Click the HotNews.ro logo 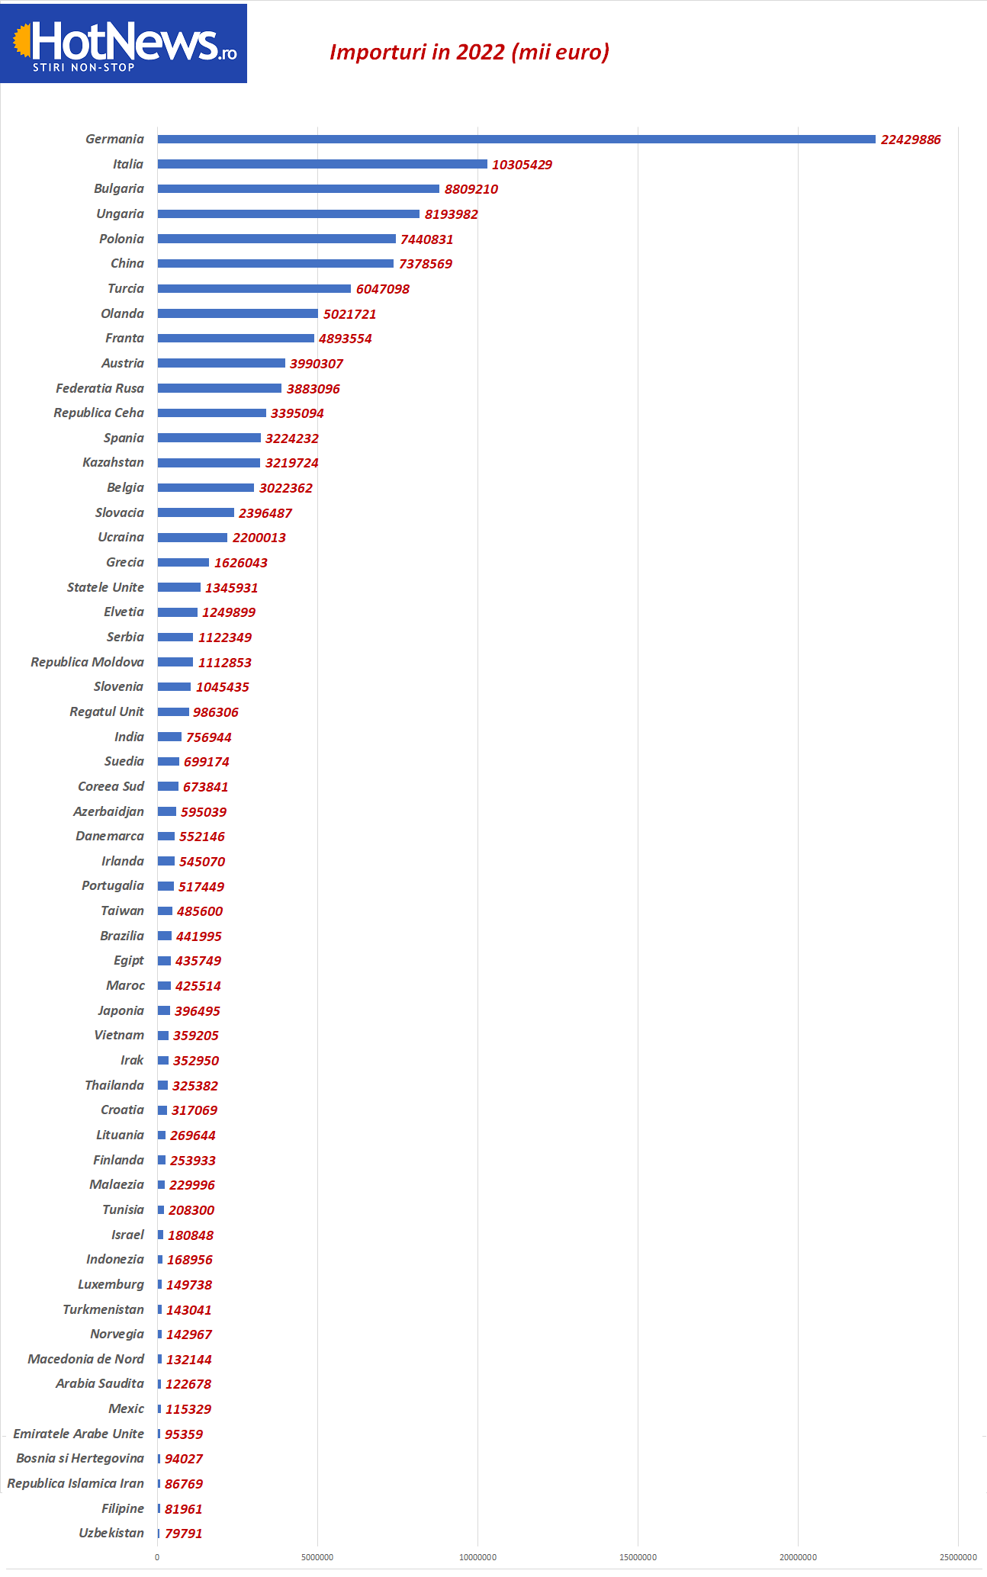pos(124,43)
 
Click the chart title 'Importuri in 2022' pos(469,52)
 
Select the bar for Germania pos(516,140)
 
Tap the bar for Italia pos(322,164)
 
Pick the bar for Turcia pos(254,289)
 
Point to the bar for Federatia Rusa pos(220,388)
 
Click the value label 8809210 pos(471,189)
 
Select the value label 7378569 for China pos(426,264)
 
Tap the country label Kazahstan pos(113,462)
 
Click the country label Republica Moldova pos(87,662)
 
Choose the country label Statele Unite pos(105,587)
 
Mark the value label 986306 pos(216,712)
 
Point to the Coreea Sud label pos(111,786)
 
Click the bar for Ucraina pos(192,538)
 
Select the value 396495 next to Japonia pos(198,1011)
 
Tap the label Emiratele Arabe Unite pos(79,1434)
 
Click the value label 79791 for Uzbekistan pos(184,1534)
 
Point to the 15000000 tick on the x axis pos(638,1557)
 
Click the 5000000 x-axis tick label pos(317,1557)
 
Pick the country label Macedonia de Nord pos(85,1359)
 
